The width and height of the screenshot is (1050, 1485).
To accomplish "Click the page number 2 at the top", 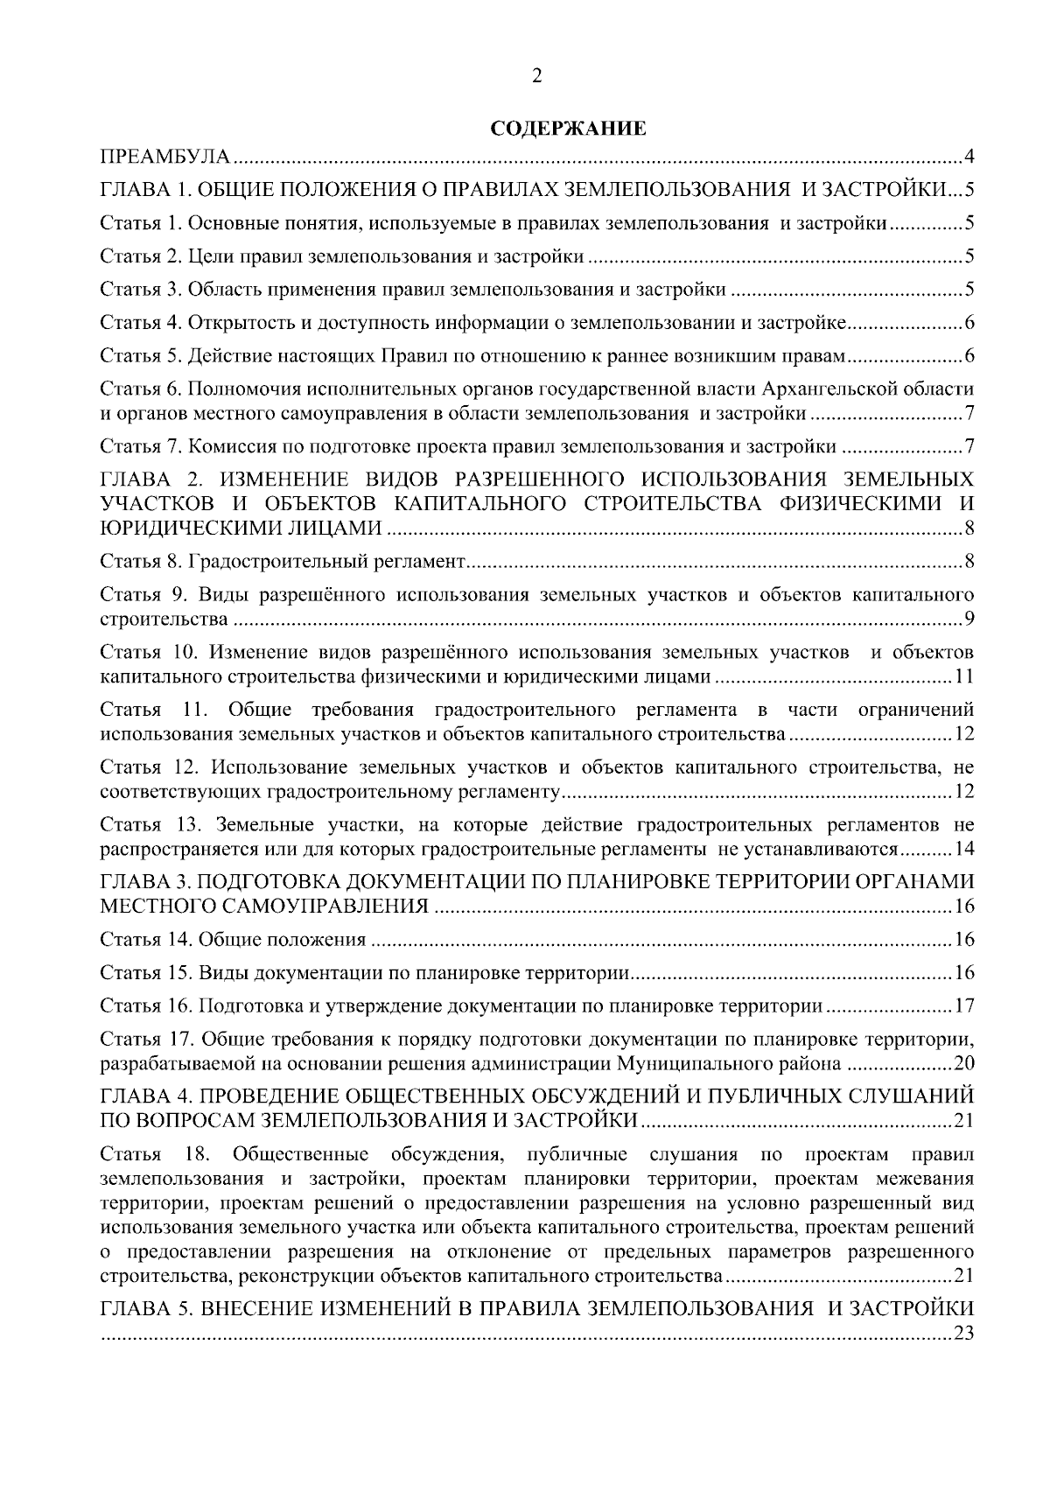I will tap(536, 77).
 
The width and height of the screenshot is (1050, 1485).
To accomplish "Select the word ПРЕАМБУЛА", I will tap(165, 158).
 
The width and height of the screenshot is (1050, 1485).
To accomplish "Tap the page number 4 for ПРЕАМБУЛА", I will tap(969, 158).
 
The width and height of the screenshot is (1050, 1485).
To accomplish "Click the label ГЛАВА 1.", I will tap(143, 190).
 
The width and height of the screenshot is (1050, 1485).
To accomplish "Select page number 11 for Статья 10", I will tap(964, 677).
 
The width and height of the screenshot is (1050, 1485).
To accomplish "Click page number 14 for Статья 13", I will tap(964, 849).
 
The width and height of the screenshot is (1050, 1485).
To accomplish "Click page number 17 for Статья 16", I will tap(964, 1005).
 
